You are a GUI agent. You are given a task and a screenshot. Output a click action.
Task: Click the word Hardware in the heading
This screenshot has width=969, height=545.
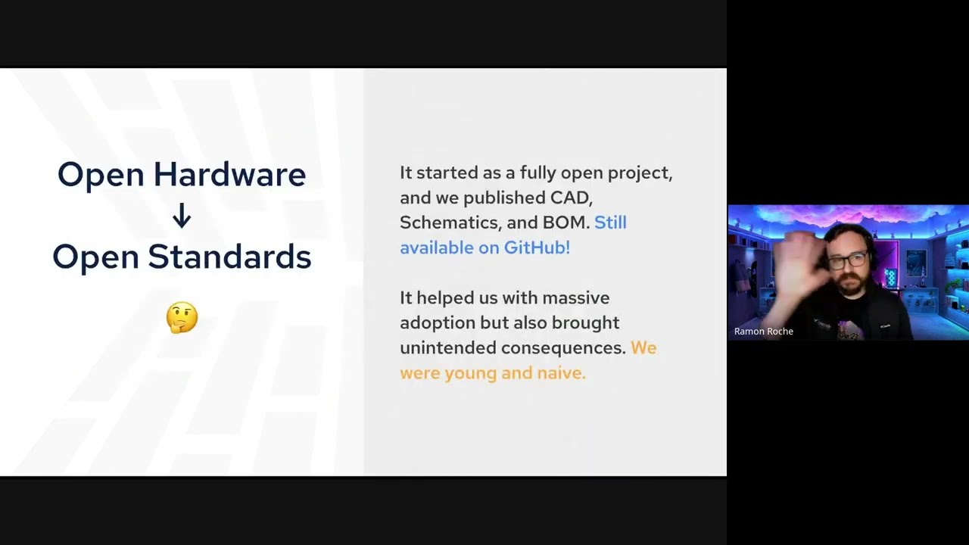[229, 174]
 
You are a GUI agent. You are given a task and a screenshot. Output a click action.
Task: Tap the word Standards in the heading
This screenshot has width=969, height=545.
[229, 257]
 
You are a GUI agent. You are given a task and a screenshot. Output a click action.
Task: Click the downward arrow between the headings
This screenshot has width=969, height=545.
[182, 216]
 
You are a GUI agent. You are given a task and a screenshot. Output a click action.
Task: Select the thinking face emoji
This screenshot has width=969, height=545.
[182, 317]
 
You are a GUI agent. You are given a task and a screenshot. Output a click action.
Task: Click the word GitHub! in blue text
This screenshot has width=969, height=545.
[537, 248]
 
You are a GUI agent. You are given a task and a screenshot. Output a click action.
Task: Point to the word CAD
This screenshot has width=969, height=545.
[571, 198]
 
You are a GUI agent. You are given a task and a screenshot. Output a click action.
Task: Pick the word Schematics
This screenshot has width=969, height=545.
[450, 223]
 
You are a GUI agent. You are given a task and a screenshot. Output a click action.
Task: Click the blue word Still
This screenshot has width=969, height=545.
[610, 223]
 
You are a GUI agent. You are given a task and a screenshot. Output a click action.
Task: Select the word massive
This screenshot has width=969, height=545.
[576, 298]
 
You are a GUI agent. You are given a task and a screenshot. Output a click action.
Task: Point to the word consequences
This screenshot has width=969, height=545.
[564, 348]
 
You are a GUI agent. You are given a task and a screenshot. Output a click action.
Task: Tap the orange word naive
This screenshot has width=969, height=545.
[562, 373]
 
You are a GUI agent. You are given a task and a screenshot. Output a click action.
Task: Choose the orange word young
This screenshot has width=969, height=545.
[471, 374]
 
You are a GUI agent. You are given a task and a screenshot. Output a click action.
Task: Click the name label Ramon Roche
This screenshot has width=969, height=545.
[764, 332]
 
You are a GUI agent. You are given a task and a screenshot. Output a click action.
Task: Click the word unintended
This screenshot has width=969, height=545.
[447, 348]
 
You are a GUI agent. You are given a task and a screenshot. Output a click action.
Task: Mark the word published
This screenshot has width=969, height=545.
[504, 198]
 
